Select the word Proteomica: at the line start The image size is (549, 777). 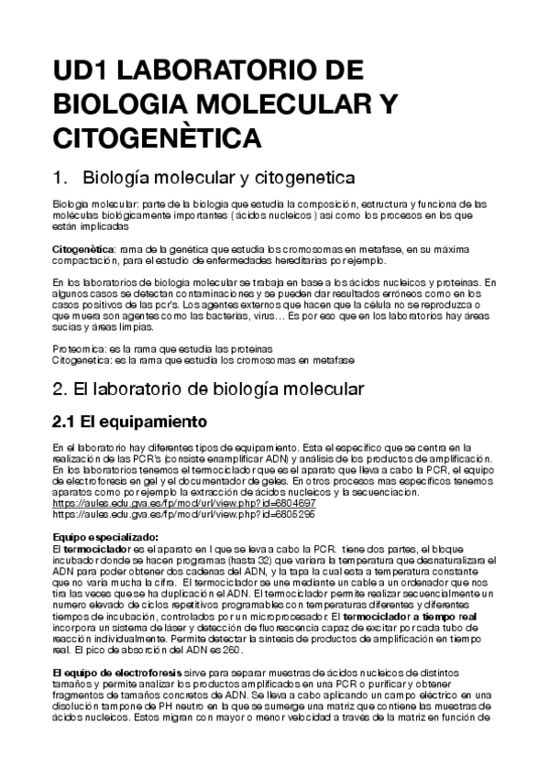coord(80,349)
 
